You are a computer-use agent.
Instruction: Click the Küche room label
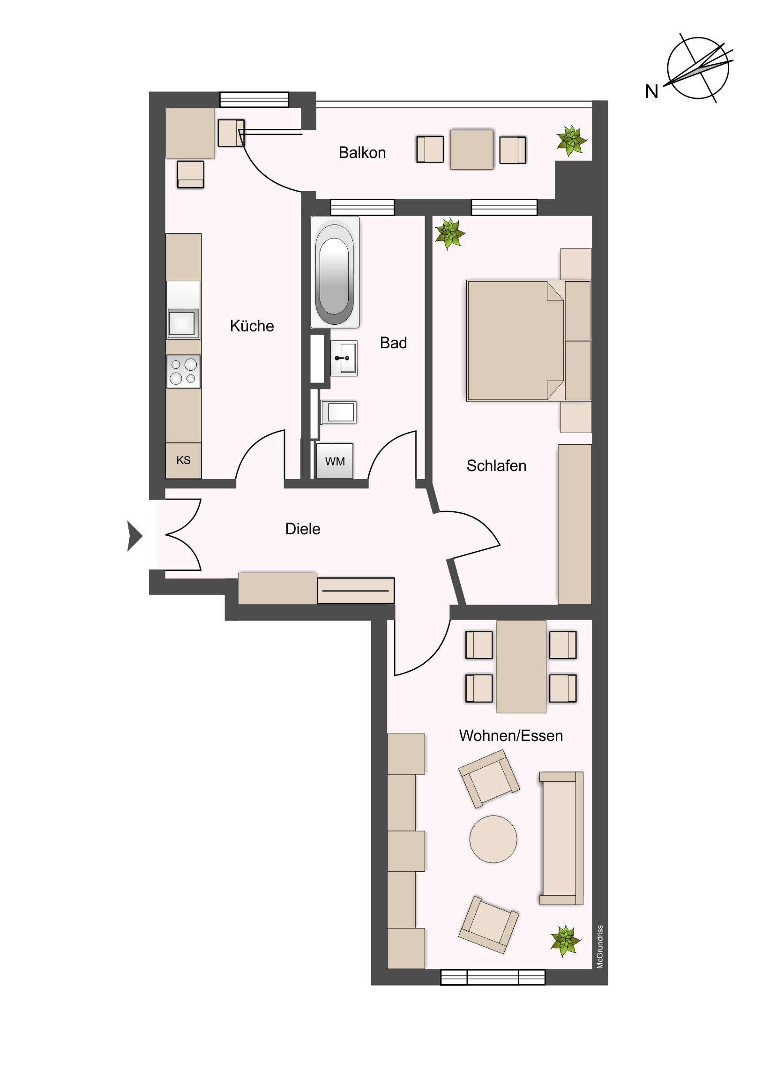(x=252, y=326)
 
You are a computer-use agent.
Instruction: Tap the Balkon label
(x=362, y=153)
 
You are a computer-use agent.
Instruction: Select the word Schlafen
(x=496, y=466)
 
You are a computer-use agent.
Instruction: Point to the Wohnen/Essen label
(x=511, y=736)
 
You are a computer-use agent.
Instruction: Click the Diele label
(x=303, y=529)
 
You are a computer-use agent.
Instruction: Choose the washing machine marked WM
(x=335, y=461)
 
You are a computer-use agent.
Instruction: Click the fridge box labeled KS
(x=184, y=461)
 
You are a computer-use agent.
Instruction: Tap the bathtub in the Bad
(x=335, y=272)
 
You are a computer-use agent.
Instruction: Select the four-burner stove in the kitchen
(x=184, y=371)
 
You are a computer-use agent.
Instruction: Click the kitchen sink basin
(x=182, y=322)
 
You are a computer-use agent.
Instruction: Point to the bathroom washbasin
(x=344, y=358)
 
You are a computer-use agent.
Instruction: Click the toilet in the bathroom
(x=338, y=412)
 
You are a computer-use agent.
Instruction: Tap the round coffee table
(x=493, y=839)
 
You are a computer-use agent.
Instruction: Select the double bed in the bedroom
(x=529, y=341)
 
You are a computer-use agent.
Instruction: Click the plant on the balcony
(x=571, y=141)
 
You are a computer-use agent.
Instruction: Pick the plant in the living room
(x=565, y=940)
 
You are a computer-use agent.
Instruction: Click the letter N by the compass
(x=652, y=91)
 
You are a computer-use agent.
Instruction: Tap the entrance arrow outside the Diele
(x=135, y=536)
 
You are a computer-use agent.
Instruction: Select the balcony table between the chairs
(x=471, y=150)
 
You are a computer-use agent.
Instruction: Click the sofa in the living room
(x=561, y=838)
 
